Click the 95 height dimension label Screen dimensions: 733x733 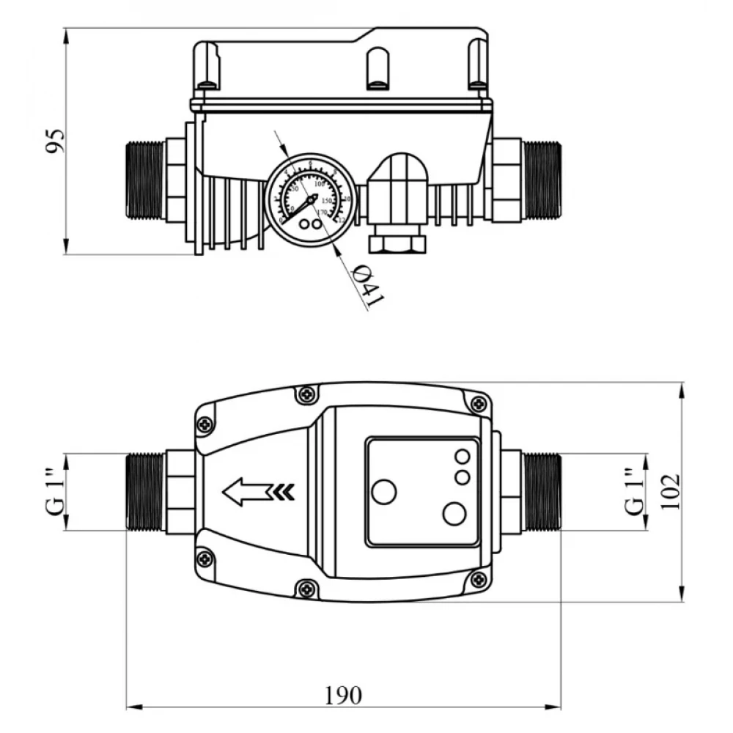point(55,141)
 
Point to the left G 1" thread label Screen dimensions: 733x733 point(55,491)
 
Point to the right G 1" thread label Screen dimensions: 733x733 point(635,491)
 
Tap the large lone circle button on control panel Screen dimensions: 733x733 point(383,491)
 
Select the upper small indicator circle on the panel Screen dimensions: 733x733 point(463,457)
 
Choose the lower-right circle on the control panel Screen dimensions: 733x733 point(454,514)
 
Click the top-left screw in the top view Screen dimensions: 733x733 point(205,424)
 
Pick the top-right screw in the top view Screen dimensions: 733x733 point(479,403)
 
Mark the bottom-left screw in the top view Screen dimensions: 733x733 point(205,559)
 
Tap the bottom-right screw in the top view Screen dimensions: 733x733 point(479,580)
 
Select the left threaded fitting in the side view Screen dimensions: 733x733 point(144,180)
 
